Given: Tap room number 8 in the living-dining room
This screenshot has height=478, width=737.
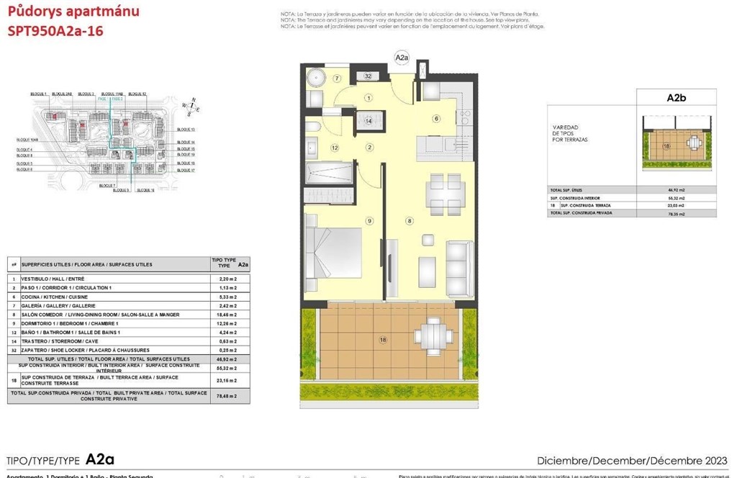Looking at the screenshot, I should (409, 221).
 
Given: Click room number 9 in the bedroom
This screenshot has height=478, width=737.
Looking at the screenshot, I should (368, 221).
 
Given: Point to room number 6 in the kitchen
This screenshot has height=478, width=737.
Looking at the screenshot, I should (435, 119).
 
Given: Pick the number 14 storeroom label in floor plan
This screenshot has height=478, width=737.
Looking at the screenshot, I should (368, 121).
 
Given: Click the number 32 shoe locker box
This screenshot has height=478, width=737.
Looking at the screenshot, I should (368, 76).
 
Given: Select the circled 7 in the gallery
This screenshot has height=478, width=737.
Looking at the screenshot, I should (336, 78).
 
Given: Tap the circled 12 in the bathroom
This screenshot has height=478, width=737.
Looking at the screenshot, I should (335, 148).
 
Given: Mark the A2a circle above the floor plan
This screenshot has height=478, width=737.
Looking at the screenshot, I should (402, 57).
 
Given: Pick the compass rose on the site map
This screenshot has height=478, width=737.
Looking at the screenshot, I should (191, 106).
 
